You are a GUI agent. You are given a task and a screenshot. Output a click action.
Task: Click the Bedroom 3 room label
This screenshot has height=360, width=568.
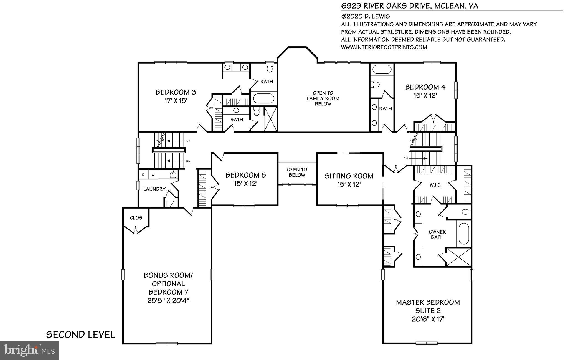click(x=176, y=92)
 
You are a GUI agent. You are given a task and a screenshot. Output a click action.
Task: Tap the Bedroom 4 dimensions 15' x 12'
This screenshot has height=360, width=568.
click(x=425, y=95)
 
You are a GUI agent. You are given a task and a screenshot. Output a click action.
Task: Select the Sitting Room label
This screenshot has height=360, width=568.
click(x=349, y=176)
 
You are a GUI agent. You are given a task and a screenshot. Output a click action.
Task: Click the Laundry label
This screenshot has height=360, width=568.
click(x=154, y=189)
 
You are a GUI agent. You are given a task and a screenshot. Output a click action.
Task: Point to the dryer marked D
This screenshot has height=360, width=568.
click(x=143, y=175)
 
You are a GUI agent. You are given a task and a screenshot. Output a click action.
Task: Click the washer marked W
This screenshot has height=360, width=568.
click(x=153, y=175)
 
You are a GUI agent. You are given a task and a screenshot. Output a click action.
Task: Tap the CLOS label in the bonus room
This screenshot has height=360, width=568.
click(x=136, y=218)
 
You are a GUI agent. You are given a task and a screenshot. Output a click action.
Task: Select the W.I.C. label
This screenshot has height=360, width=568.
click(x=435, y=185)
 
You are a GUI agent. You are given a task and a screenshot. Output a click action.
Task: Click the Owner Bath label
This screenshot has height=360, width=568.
click(x=437, y=234)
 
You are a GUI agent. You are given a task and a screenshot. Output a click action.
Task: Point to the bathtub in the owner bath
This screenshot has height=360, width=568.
click(x=464, y=234)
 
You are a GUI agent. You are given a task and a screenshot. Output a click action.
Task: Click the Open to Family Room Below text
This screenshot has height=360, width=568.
click(x=323, y=98)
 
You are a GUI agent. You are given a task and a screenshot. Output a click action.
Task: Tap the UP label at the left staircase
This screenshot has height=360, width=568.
click(x=188, y=141)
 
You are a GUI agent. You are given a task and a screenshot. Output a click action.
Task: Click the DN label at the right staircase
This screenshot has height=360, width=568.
click(x=405, y=158)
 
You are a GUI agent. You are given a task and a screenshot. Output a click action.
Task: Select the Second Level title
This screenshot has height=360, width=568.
click(x=80, y=334)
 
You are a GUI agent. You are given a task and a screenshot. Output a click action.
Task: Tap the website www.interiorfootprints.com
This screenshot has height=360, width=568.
click(x=384, y=47)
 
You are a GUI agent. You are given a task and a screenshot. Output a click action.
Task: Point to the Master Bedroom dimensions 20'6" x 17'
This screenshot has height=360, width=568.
click(x=428, y=319)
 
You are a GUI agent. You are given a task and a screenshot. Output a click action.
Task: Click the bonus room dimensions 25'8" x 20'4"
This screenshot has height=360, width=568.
click(x=168, y=300)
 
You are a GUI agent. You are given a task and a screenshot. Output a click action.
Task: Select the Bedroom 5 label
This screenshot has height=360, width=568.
click(x=245, y=175)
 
